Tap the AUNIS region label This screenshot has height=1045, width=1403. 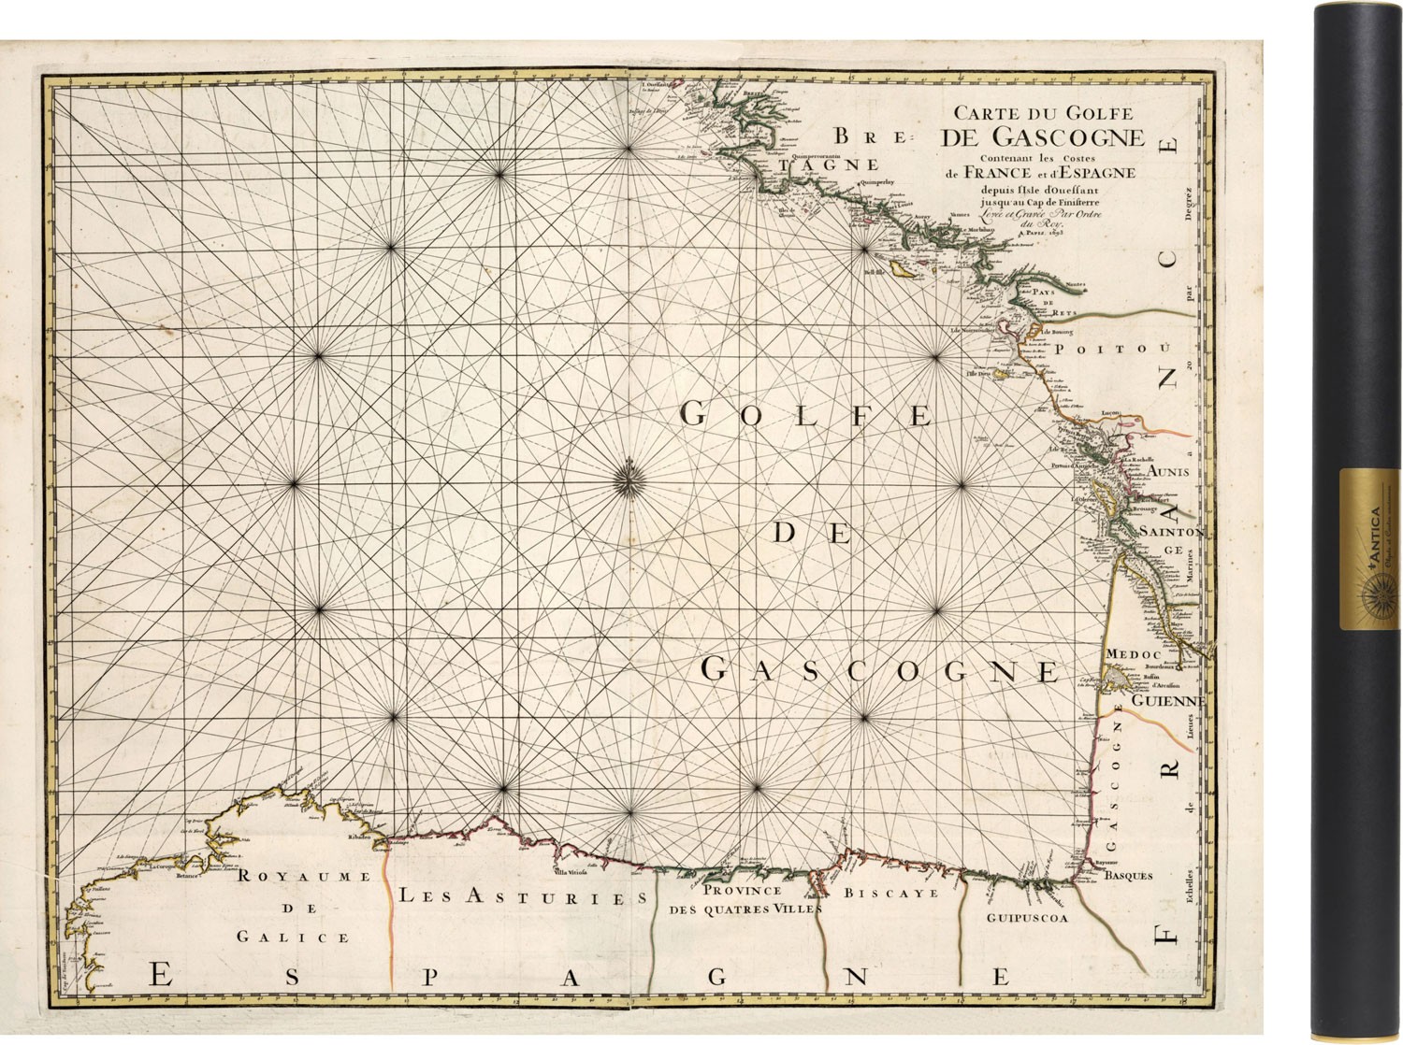pyautogui.click(x=1169, y=472)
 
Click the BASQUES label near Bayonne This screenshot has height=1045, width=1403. pyautogui.click(x=1128, y=876)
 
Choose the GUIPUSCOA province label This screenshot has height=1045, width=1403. pyautogui.click(x=1026, y=918)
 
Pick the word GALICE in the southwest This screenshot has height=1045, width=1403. pyautogui.click(x=292, y=937)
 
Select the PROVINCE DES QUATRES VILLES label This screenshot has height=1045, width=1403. pyautogui.click(x=745, y=899)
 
